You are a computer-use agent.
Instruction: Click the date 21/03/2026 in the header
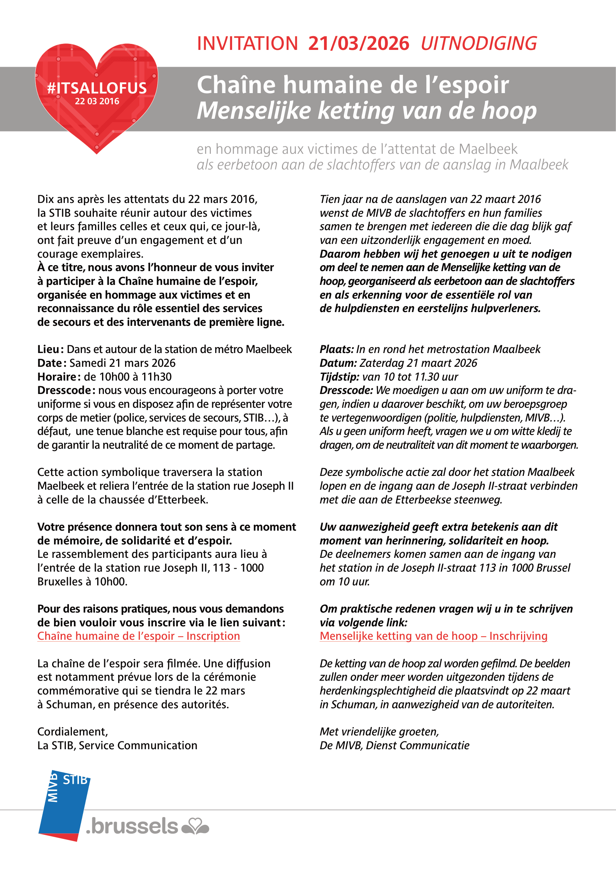[x=358, y=44]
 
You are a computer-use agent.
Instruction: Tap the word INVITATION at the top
[x=247, y=44]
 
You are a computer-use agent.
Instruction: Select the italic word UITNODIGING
[x=479, y=44]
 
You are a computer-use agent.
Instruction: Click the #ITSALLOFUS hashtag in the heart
[x=97, y=88]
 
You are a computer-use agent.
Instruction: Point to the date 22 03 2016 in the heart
[x=97, y=101]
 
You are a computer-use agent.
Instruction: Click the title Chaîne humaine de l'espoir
[x=352, y=84]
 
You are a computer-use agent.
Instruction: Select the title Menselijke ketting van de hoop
[x=366, y=110]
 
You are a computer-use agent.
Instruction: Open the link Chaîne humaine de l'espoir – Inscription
[x=139, y=636]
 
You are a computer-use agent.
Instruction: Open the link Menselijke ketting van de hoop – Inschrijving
[x=433, y=636]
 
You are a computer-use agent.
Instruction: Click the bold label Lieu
[x=48, y=349]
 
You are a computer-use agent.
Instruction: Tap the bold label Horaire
[x=57, y=377]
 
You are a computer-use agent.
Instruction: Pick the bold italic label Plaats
[x=336, y=349]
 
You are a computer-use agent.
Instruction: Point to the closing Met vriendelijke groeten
[x=379, y=731]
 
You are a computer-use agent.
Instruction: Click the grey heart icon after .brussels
[x=196, y=826]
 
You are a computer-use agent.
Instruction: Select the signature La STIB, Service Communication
[x=117, y=745]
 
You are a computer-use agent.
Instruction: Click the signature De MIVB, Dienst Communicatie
[x=394, y=745]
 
